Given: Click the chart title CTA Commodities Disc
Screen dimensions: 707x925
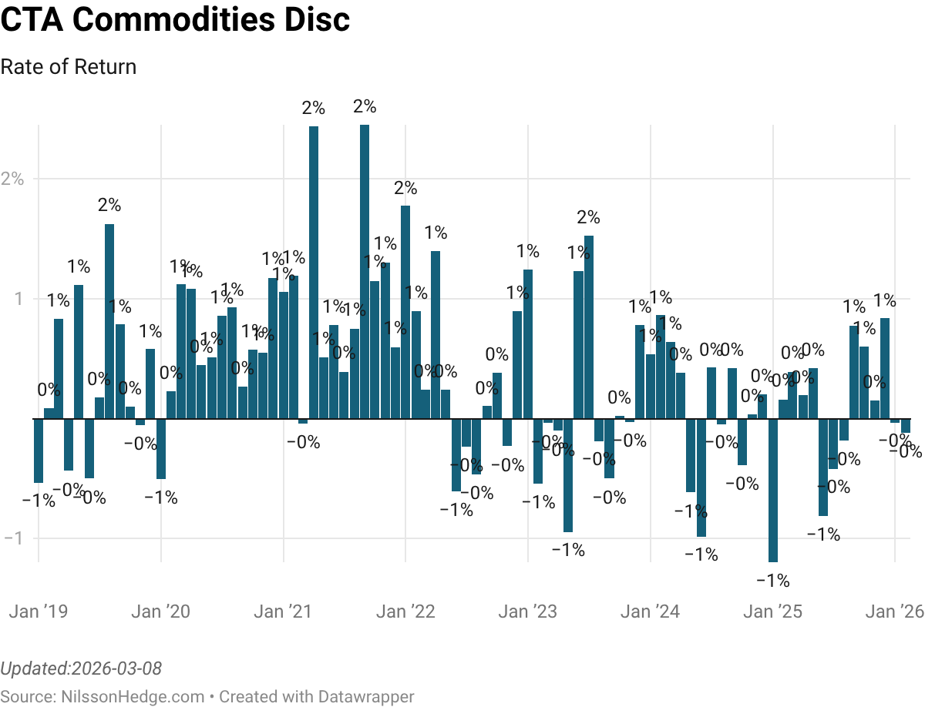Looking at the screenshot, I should click(x=175, y=21).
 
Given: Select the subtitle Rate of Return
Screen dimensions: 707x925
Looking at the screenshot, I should click(x=69, y=67).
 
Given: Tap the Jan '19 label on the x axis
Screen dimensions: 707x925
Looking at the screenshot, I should click(x=39, y=612).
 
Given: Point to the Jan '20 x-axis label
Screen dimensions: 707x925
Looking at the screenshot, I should click(x=160, y=612).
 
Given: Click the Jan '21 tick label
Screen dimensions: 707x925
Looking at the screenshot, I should click(x=283, y=612).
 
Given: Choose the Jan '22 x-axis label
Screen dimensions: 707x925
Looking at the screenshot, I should click(x=405, y=612).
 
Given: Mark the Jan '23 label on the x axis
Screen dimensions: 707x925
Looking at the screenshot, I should click(x=527, y=612).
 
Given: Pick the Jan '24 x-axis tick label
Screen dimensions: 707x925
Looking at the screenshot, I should click(x=650, y=612).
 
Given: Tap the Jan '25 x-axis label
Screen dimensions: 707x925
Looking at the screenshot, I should click(x=772, y=612).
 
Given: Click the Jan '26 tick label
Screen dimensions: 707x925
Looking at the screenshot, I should click(x=894, y=612).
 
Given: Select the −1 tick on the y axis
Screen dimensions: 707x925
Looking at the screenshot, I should click(x=14, y=538).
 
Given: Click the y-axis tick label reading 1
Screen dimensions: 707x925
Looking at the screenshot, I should click(x=17, y=298).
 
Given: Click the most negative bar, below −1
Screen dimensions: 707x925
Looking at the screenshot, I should click(x=772, y=490).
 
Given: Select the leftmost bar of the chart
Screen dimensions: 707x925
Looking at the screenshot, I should click(x=39, y=450).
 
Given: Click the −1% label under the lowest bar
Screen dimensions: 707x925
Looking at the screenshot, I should click(x=772, y=581).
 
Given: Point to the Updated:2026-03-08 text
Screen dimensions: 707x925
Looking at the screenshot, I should click(x=81, y=668).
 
